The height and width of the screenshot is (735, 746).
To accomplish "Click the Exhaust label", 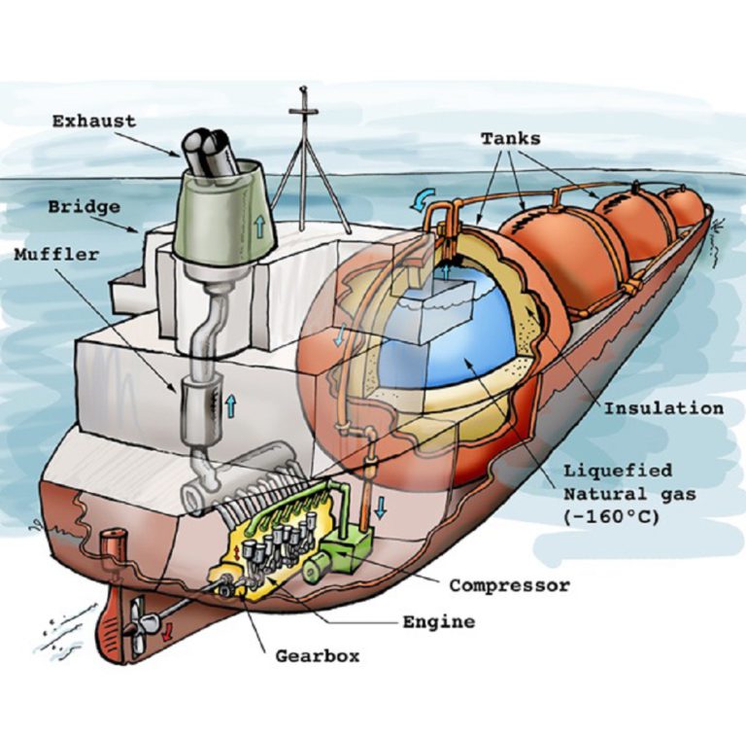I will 94,122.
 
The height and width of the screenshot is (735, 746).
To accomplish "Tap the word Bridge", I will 85,207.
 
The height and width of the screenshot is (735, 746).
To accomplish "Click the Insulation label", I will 663,407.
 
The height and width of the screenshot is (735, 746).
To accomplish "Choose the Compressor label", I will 509,585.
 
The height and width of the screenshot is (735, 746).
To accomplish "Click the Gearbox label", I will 316,654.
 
